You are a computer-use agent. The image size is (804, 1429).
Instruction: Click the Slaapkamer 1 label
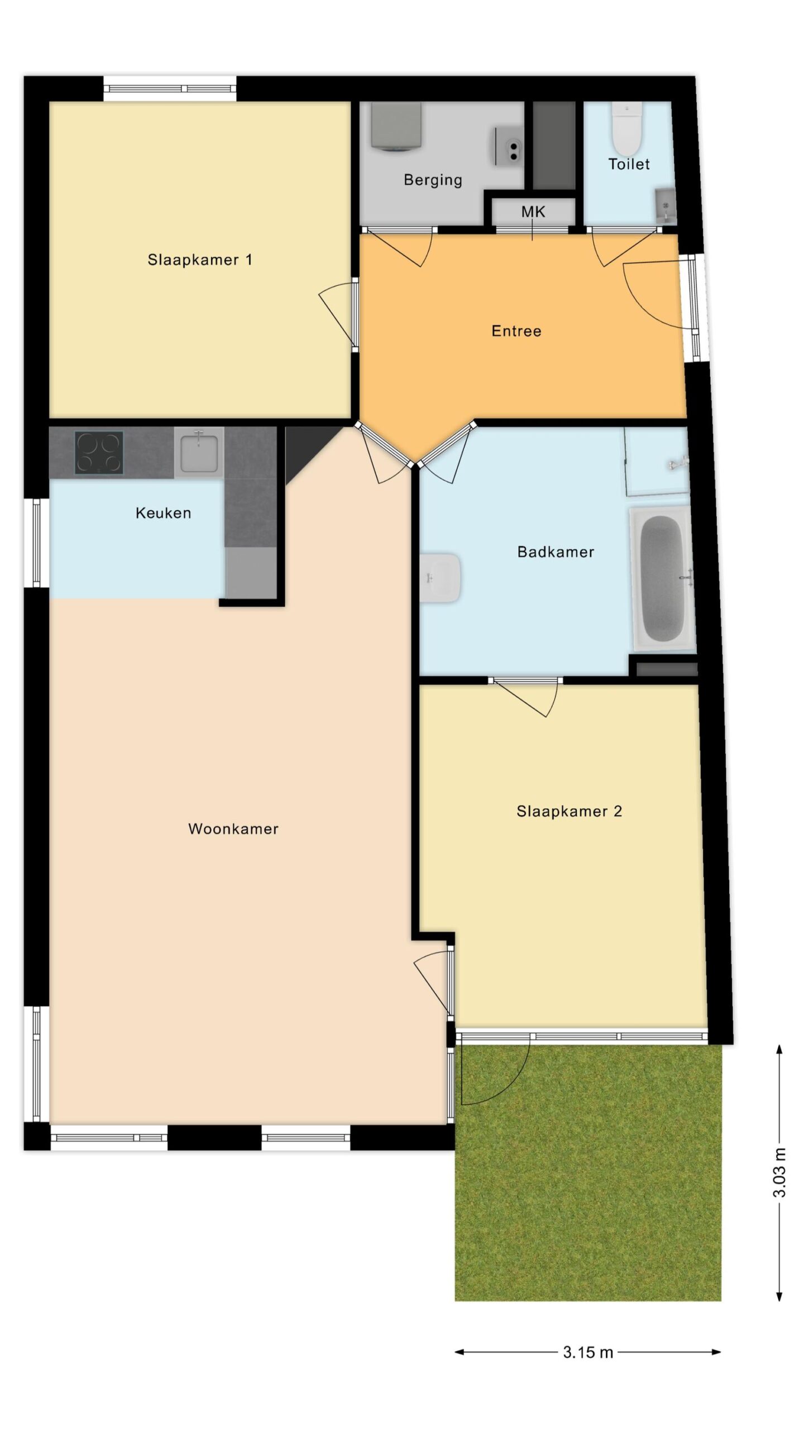[199, 260]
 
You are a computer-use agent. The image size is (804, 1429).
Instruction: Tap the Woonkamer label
[233, 829]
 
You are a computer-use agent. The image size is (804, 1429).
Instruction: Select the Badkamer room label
[556, 552]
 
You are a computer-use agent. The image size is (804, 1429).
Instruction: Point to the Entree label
[516, 331]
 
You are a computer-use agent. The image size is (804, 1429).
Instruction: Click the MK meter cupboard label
[533, 212]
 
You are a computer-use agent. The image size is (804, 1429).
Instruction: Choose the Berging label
[433, 180]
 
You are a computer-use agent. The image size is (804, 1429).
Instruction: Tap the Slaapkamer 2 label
[569, 811]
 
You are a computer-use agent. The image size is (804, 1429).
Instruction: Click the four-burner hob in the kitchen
[99, 453]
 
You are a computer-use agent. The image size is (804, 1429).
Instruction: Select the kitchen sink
[199, 452]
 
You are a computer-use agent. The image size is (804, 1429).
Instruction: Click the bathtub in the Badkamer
[663, 579]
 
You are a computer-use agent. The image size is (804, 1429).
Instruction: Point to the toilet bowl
[626, 128]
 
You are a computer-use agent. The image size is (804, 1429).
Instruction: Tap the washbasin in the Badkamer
[440, 578]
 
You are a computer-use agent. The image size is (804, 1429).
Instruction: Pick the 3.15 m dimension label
[588, 1352]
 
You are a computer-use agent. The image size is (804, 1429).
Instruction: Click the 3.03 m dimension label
[779, 1173]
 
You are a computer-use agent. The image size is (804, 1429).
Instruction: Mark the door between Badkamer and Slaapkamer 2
[525, 697]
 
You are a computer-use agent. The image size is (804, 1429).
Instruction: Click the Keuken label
[163, 513]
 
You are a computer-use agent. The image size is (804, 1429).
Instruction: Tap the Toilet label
[629, 164]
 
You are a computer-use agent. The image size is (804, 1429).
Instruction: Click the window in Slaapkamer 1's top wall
[170, 89]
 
